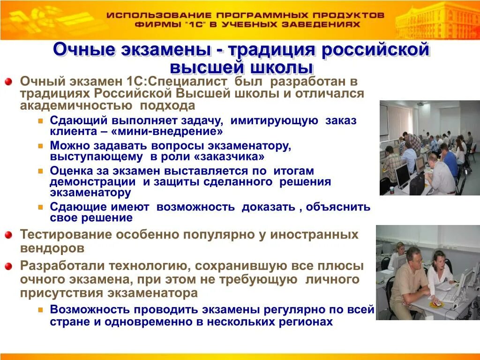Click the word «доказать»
[x=268, y=207]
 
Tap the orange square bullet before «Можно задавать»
[x=41, y=146]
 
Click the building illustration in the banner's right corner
[x=436, y=21]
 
